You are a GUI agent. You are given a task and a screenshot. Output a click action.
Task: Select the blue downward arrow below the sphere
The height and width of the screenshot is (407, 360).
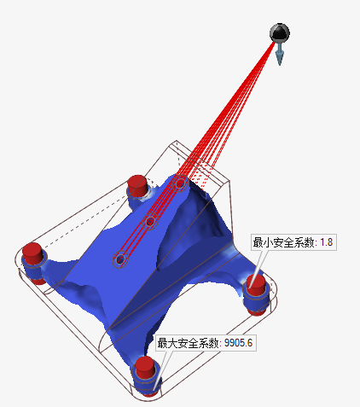tap(279, 55)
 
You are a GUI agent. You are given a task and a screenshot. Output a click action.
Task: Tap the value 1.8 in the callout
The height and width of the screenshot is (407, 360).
tap(325, 242)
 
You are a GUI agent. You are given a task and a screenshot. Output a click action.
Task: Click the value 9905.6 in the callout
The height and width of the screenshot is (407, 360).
tap(238, 343)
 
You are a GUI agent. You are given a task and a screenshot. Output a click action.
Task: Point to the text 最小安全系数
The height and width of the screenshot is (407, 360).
tap(282, 242)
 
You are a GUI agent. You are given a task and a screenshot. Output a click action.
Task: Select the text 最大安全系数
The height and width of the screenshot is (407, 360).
tap(188, 343)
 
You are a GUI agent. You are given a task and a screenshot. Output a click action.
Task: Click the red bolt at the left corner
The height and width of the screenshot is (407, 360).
tap(32, 254)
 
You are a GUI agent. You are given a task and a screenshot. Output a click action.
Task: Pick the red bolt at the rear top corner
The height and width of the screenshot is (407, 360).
tap(136, 185)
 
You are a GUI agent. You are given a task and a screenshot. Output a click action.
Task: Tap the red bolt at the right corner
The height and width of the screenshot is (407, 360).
tap(255, 286)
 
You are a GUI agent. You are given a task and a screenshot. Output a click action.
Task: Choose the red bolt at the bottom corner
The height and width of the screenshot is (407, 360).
tap(146, 369)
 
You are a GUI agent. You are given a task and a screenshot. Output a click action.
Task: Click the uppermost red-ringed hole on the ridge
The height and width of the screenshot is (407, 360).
tap(180, 182)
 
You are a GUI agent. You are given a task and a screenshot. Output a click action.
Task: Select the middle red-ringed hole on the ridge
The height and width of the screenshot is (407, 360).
tap(150, 222)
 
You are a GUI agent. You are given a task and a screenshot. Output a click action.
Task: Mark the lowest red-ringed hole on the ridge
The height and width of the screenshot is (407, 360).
tap(120, 259)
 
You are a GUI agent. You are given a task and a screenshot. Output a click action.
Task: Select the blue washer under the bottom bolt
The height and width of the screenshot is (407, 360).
tap(147, 387)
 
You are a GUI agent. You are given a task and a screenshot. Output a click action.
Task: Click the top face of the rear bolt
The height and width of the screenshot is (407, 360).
tap(136, 179)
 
